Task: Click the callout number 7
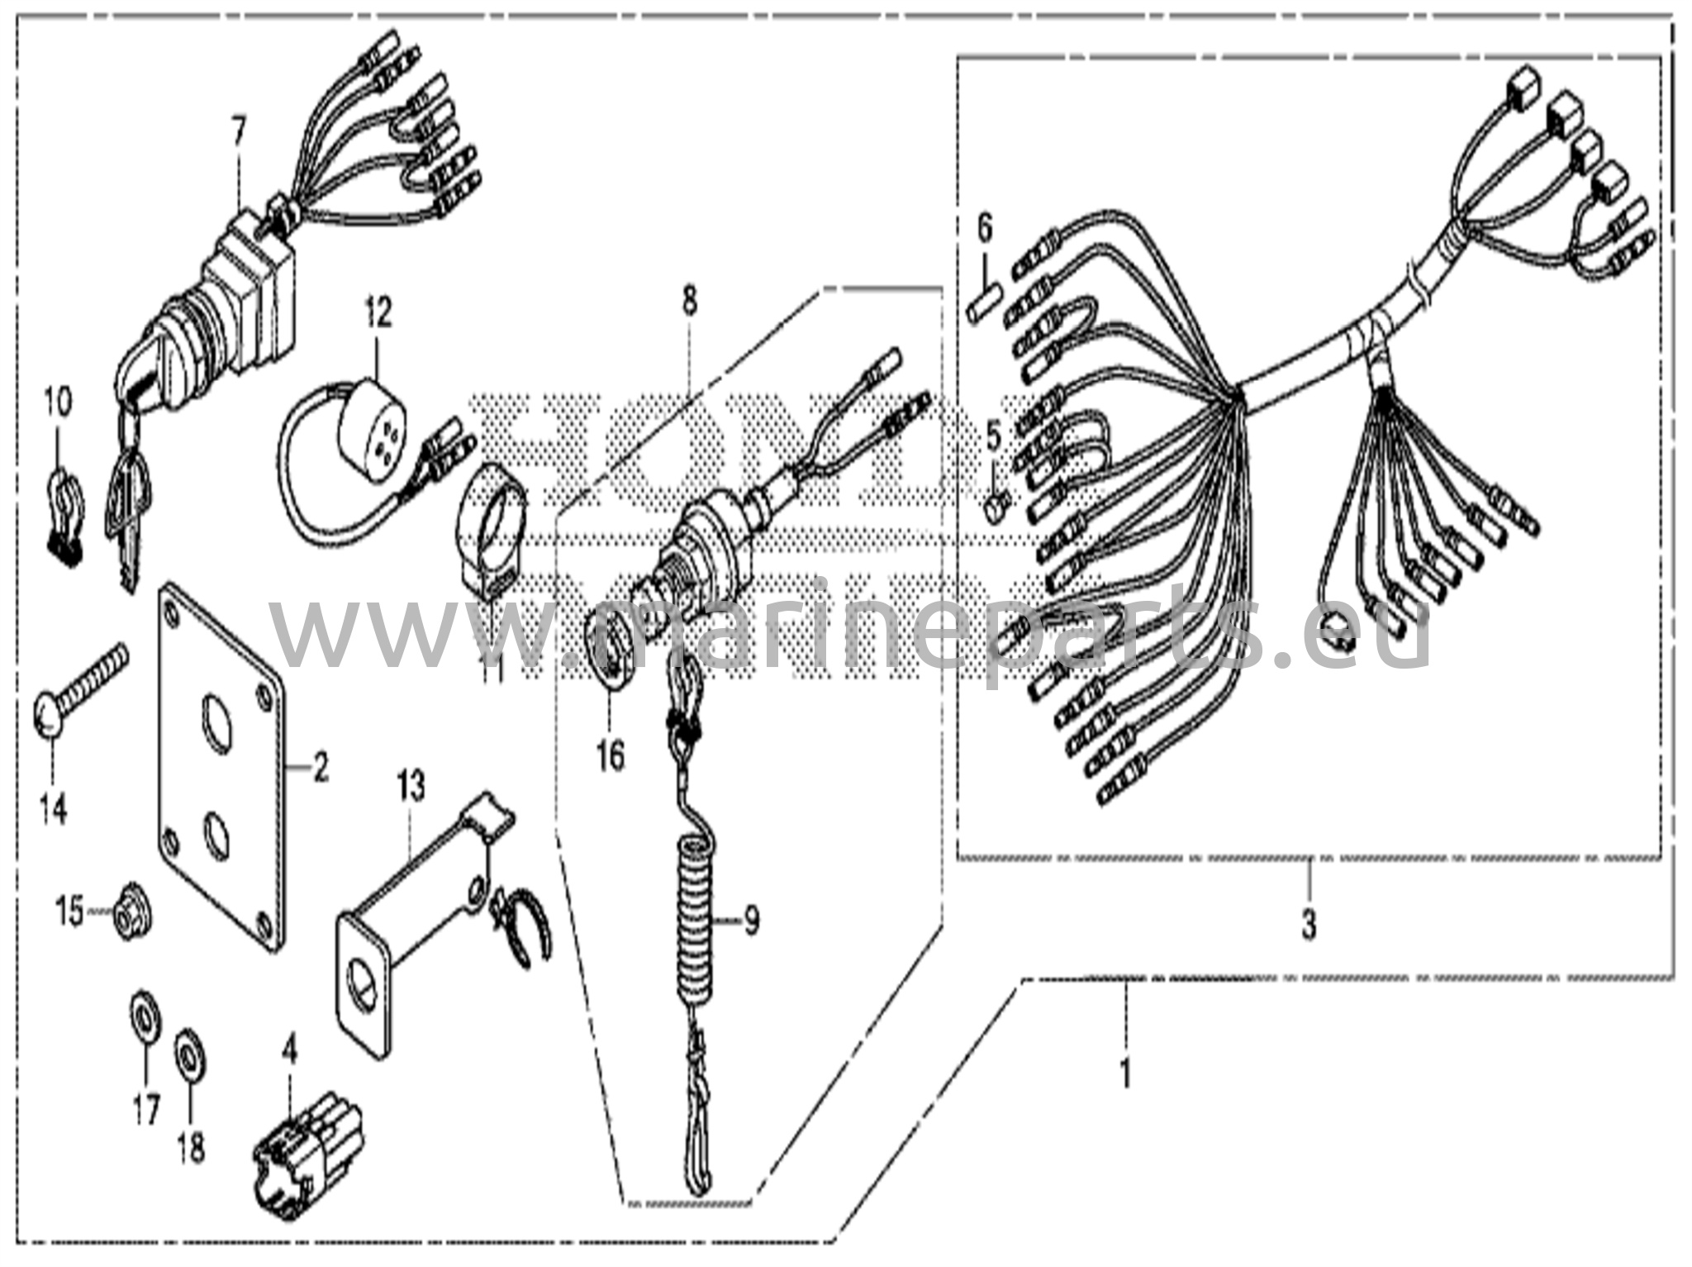[239, 131]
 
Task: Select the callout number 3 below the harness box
[1309, 924]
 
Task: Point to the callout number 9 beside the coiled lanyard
[750, 921]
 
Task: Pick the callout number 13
[411, 785]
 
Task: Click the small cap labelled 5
[996, 503]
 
